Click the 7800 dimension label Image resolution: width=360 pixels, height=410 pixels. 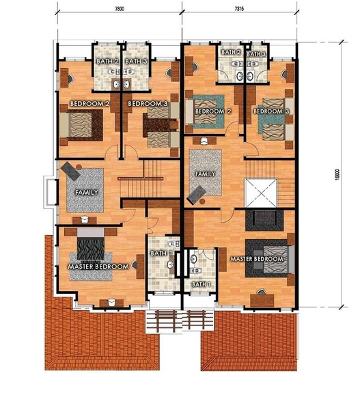(x=120, y=9)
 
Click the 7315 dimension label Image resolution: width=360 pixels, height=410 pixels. (x=239, y=9)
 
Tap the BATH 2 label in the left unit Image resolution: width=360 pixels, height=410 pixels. (x=107, y=61)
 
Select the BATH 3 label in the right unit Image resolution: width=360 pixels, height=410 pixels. (x=256, y=54)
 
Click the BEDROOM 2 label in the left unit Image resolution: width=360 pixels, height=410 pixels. (x=89, y=104)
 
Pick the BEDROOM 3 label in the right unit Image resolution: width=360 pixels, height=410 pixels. (x=271, y=111)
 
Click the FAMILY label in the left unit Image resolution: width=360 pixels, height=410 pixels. (x=87, y=193)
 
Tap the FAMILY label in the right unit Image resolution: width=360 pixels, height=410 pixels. (x=205, y=174)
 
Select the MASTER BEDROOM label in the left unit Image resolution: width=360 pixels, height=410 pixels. (x=98, y=266)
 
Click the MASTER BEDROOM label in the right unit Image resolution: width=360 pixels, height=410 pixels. (x=257, y=259)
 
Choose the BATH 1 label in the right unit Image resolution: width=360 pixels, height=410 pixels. (x=202, y=284)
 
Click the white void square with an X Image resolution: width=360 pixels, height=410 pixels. (x=261, y=193)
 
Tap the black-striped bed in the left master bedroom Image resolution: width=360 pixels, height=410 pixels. (x=91, y=244)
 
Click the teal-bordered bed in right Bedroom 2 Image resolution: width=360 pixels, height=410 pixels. (x=205, y=111)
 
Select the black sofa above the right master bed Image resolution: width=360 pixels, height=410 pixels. (x=264, y=220)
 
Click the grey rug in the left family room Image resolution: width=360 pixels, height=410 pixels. (x=85, y=190)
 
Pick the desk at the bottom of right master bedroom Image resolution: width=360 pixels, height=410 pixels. (x=262, y=300)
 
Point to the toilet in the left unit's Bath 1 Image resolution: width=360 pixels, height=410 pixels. (x=174, y=244)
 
